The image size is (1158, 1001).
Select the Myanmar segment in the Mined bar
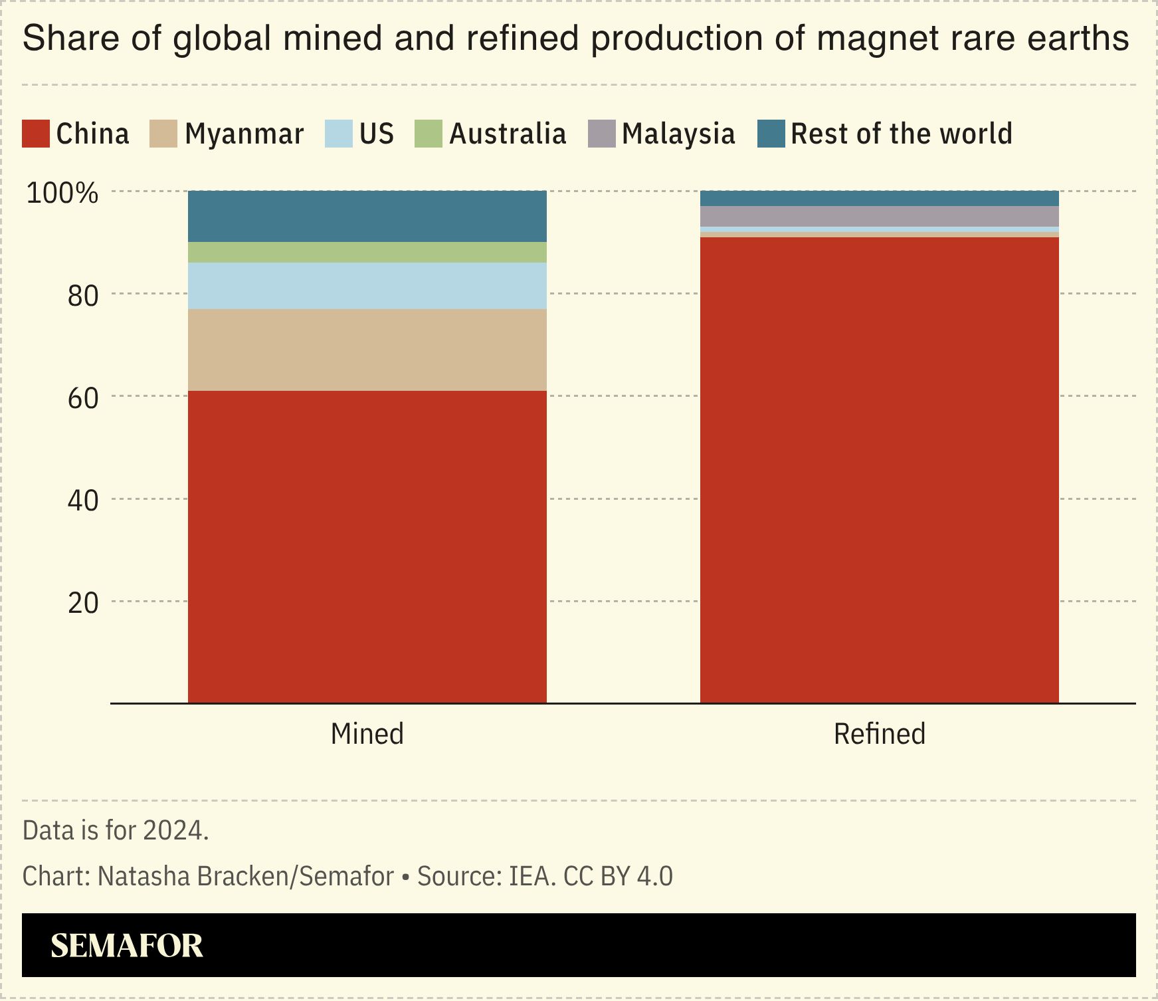[x=367, y=350]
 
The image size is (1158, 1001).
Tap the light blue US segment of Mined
[x=367, y=286]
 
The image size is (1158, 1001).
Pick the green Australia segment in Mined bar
[x=367, y=252]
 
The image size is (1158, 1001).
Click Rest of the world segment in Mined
[x=367, y=216]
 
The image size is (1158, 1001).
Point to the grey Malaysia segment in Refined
[x=879, y=216]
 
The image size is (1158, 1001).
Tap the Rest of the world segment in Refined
[x=879, y=198]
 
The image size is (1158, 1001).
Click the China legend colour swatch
[x=36, y=134]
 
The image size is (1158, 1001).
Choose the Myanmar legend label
[x=244, y=134]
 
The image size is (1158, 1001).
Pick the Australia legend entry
[x=508, y=134]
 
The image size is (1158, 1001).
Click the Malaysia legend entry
[x=678, y=134]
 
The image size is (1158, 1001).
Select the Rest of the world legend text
[x=901, y=134]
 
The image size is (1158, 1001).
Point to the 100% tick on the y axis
[x=62, y=193]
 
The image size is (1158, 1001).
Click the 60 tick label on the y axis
[x=82, y=397]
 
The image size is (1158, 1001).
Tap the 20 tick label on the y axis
[x=82, y=603]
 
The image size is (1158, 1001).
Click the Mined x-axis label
[x=367, y=734]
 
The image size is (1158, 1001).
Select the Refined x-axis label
[x=879, y=734]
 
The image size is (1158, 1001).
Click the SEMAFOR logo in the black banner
[x=126, y=945]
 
